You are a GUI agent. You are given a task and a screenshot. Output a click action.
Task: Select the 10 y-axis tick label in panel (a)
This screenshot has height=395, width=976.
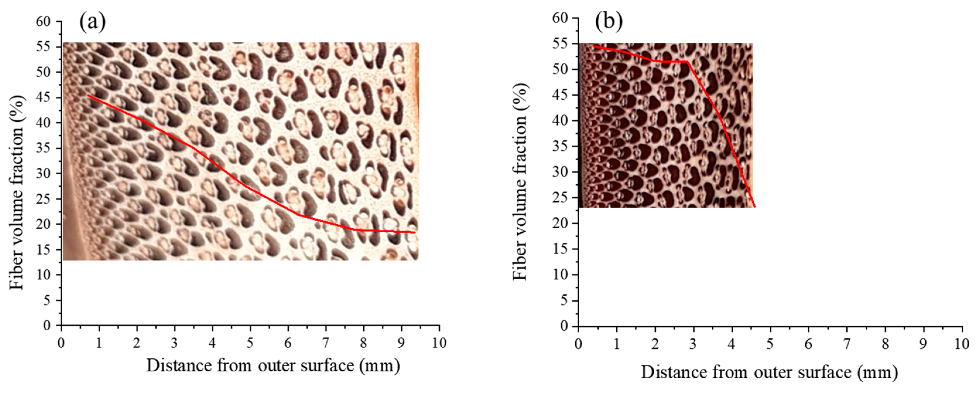[x=43, y=275]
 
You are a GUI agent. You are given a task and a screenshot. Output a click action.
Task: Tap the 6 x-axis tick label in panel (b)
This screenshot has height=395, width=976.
[x=808, y=344]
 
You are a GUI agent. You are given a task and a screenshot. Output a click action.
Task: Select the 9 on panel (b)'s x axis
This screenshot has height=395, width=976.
[x=923, y=344]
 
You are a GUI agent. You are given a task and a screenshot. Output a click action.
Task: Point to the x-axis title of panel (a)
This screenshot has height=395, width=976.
[x=273, y=366]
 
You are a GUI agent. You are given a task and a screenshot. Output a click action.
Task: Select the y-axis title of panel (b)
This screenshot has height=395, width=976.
[x=520, y=182]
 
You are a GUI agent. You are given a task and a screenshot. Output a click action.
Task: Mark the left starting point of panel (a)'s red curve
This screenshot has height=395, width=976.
[x=88, y=95]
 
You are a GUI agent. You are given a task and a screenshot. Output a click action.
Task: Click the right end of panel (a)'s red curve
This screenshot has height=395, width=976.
[x=415, y=232]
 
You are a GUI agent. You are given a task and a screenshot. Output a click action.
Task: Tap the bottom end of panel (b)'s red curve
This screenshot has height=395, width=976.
[x=755, y=207]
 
